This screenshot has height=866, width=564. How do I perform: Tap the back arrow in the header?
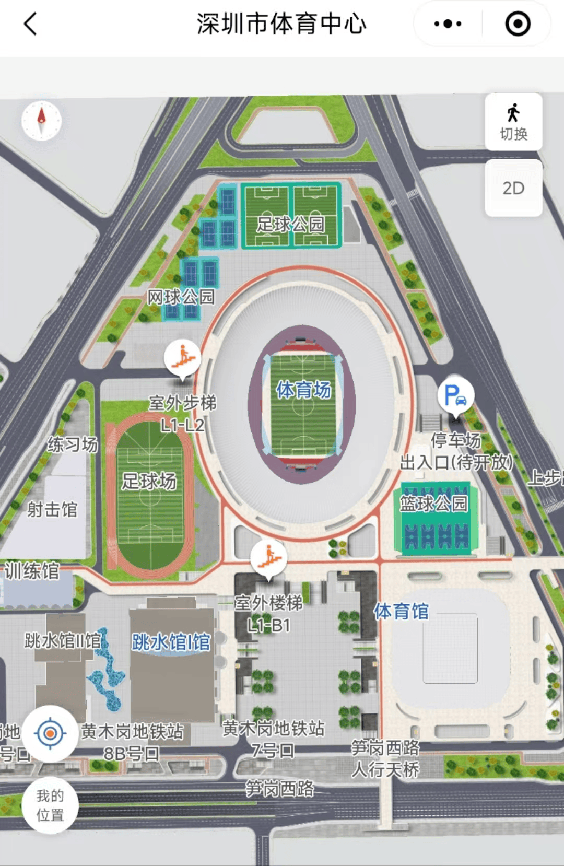[30, 24]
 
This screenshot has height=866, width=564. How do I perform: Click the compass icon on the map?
[41, 121]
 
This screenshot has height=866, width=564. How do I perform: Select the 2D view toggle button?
[513, 188]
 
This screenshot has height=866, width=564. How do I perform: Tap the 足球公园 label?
[290, 224]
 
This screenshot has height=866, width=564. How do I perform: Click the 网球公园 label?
[181, 297]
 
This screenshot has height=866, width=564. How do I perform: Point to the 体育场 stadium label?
[303, 390]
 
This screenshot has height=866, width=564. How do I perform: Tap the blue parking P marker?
[455, 395]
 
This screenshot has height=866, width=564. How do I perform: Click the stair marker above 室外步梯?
[182, 358]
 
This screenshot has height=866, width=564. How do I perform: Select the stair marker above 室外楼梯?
[268, 557]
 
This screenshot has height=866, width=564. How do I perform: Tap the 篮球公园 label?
[433, 504]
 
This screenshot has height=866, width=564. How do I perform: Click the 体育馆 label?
[401, 611]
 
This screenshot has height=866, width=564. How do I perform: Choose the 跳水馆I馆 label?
[171, 642]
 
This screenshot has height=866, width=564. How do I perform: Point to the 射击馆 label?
[52, 509]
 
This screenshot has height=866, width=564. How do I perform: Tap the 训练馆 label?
[32, 571]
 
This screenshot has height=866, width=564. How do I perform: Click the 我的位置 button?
[50, 805]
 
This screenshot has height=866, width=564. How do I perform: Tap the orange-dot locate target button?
[50, 733]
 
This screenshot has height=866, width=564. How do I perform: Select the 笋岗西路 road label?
[280, 788]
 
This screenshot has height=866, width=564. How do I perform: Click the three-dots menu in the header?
[448, 24]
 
